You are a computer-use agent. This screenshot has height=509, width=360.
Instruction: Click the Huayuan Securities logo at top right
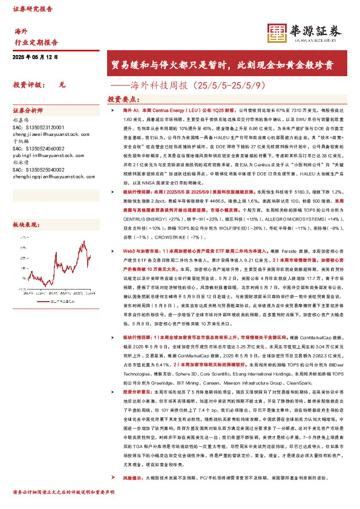pos(305,34)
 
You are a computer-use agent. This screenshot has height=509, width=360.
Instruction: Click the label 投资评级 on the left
pos(27,85)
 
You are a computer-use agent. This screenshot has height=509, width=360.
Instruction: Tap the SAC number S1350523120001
pos(39,127)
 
